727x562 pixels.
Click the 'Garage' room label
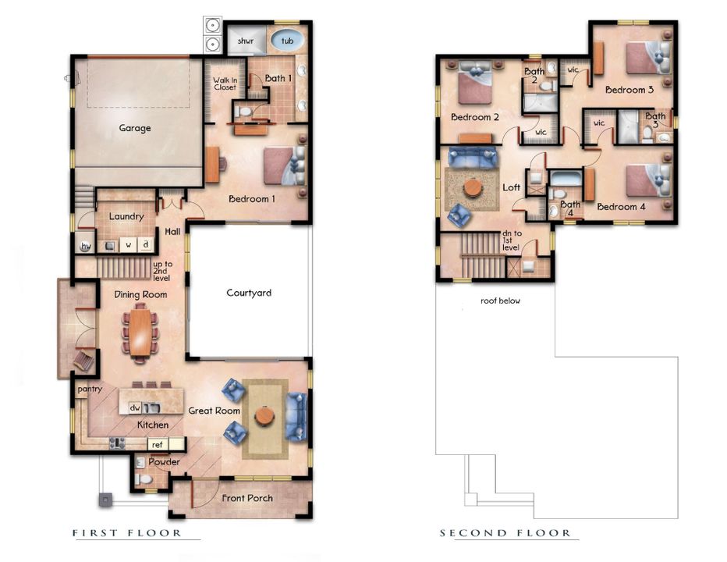(134, 128)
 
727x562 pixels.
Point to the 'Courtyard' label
(249, 293)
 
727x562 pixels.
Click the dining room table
(140, 332)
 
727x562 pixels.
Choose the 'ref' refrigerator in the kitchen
(157, 444)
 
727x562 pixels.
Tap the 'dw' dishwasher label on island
(134, 407)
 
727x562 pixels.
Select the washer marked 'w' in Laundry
(128, 245)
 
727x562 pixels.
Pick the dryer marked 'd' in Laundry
(145, 245)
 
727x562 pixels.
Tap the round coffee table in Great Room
(265, 416)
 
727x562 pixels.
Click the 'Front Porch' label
(247, 498)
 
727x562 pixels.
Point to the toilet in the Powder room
(141, 478)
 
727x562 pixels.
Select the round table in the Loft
(473, 188)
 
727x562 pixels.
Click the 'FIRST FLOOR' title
(127, 533)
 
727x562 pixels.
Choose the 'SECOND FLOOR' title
(505, 533)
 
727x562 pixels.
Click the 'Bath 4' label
(570, 208)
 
